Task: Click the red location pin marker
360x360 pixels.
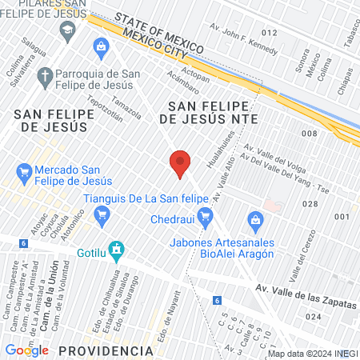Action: click(180, 163)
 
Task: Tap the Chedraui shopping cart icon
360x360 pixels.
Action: click(205, 214)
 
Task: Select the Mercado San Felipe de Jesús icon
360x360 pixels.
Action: click(24, 170)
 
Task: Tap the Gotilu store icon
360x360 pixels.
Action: click(117, 250)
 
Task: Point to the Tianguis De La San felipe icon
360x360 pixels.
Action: click(101, 214)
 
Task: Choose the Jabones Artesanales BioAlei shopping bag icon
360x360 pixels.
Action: click(254, 219)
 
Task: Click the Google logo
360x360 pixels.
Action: click(26, 350)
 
